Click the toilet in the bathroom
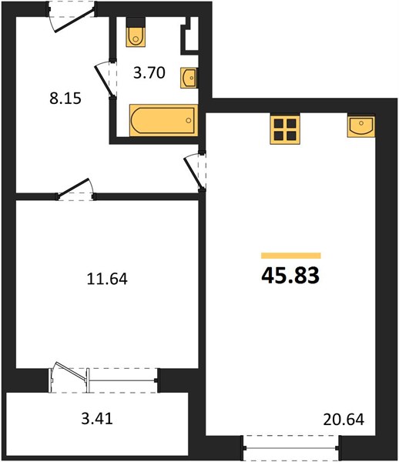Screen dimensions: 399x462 (x=136, y=37)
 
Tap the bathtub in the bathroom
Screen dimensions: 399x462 (x=163, y=120)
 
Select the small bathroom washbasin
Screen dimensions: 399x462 (x=188, y=78)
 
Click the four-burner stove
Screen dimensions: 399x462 (x=285, y=129)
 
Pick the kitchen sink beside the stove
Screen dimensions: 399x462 (x=361, y=126)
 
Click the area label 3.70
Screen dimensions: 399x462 (x=149, y=73)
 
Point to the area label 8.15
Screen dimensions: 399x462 (x=65, y=99)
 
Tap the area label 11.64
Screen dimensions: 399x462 (x=107, y=279)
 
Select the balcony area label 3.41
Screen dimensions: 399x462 (x=97, y=418)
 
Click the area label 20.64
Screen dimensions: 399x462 (x=344, y=420)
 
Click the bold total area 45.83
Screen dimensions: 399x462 (x=290, y=276)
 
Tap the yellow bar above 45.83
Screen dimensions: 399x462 (x=291, y=256)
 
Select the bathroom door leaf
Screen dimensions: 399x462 (x=104, y=81)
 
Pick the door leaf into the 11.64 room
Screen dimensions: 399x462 (x=73, y=187)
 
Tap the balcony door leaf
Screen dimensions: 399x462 (x=71, y=370)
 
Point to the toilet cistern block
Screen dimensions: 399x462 (x=136, y=22)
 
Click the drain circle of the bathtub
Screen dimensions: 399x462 (x=189, y=120)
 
